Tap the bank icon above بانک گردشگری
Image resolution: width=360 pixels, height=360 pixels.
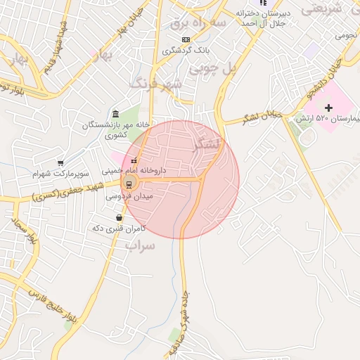185,39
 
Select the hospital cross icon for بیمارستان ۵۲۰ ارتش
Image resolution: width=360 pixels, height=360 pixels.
328,107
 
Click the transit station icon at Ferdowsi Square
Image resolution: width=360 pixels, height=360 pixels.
129,184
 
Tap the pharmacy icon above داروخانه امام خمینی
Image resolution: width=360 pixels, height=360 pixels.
134,161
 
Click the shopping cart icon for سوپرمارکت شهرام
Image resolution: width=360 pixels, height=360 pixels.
61,162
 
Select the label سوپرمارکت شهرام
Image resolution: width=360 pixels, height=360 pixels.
60,173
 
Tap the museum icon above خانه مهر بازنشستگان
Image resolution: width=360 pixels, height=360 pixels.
115,115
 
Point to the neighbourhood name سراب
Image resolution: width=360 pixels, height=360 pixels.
139,245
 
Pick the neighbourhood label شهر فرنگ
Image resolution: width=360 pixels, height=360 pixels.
157,84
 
